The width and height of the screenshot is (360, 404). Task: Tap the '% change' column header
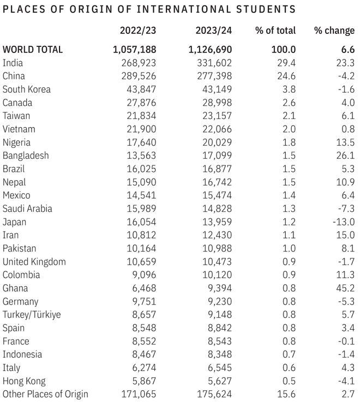tap(334, 31)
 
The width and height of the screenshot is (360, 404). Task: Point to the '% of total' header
tap(275, 31)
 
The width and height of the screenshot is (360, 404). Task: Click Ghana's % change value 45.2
tap(346, 288)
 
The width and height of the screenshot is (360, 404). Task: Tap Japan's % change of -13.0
tap(344, 222)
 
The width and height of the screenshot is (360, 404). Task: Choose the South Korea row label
tap(27, 89)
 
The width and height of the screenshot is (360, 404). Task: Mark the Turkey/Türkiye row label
tap(32, 314)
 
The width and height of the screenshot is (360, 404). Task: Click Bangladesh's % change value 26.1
tap(346, 156)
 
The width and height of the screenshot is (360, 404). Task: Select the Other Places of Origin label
tap(45, 394)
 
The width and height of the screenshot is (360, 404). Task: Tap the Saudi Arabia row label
tap(26, 209)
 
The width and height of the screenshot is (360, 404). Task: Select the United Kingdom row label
tap(34, 262)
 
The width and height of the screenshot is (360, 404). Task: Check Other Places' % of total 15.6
tap(286, 394)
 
